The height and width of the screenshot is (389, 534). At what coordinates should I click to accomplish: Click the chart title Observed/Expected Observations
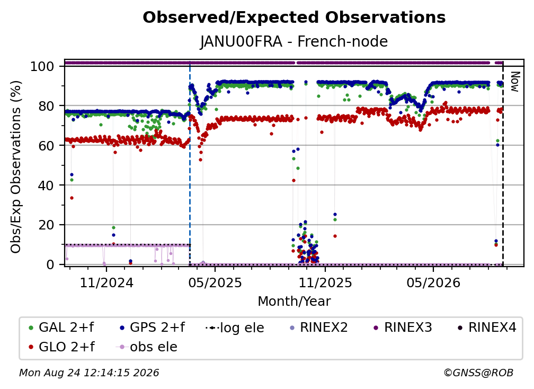[x=294, y=17]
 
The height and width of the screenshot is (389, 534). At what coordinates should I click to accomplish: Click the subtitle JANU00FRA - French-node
[x=294, y=41]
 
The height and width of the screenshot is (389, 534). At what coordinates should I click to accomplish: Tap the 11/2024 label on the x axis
[x=106, y=282]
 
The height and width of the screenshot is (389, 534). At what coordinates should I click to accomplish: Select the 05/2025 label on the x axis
[x=215, y=282]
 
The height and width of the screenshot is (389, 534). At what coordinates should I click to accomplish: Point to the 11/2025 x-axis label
[x=325, y=282]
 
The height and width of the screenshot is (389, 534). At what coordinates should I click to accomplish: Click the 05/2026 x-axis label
[x=433, y=282]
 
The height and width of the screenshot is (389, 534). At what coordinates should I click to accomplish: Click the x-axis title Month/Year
[x=294, y=301]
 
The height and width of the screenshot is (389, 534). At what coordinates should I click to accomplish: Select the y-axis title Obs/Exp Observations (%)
[x=16, y=167]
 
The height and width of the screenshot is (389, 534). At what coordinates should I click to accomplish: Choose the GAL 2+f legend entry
[x=61, y=328]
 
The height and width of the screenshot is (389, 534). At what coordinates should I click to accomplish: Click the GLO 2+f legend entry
[x=61, y=347]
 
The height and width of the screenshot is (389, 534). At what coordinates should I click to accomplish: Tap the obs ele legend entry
[x=147, y=347]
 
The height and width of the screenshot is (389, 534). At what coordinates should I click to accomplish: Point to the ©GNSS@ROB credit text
[x=478, y=373]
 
